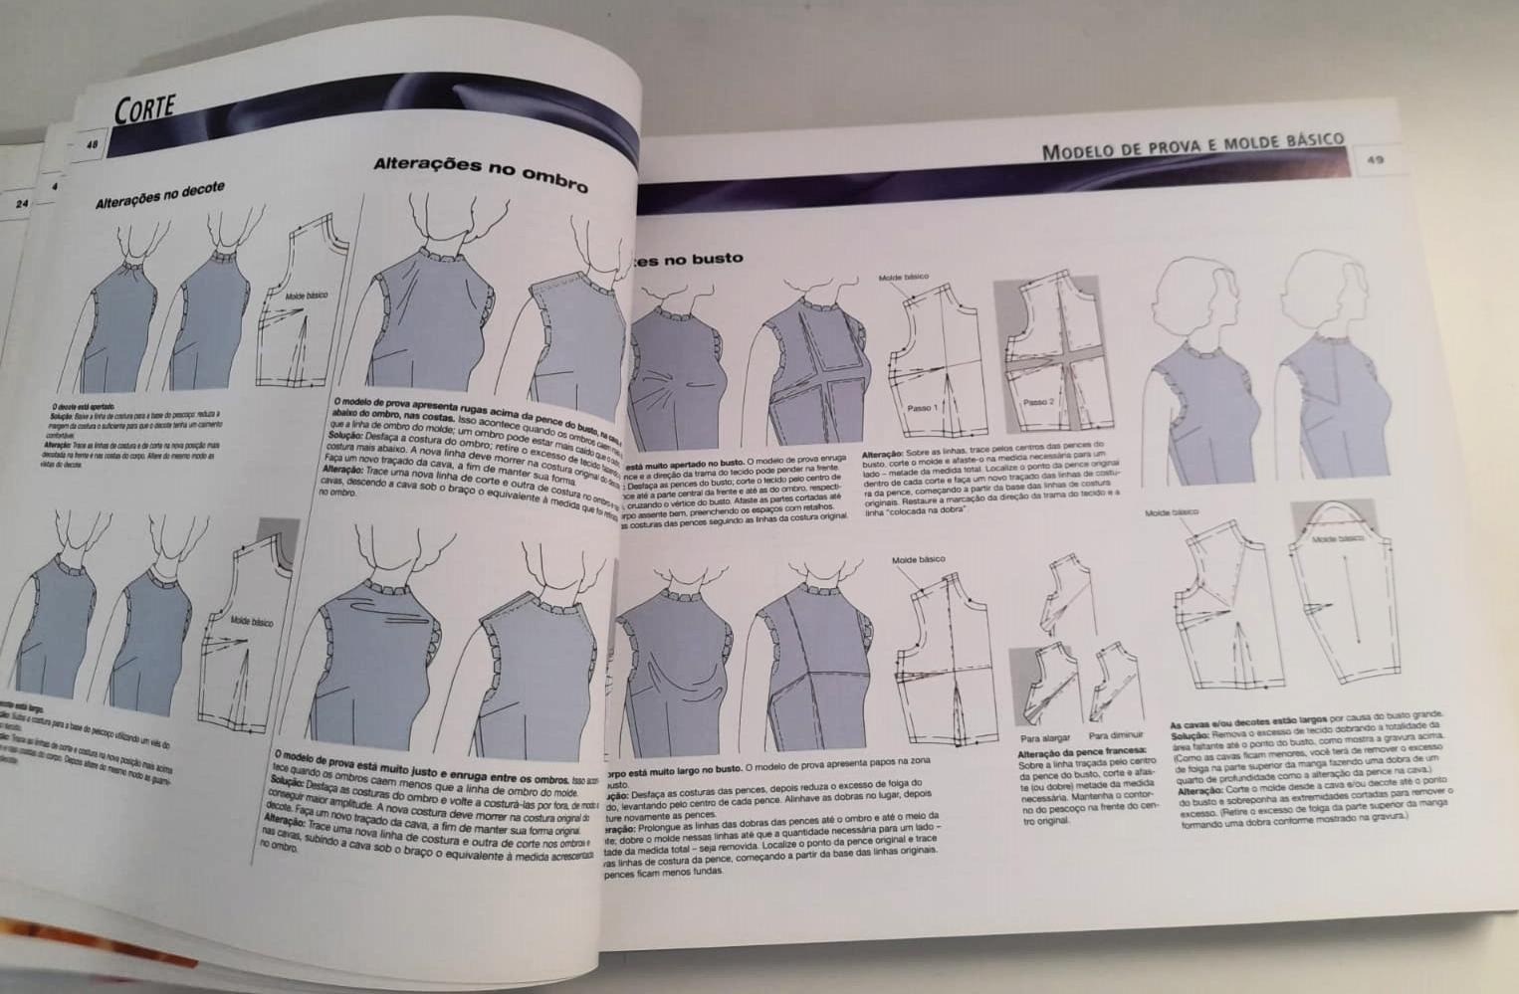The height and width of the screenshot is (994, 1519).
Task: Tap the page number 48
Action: pyautogui.click(x=92, y=146)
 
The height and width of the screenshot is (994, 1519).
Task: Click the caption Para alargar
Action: pyautogui.click(x=1045, y=738)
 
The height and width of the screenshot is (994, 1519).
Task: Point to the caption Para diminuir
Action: pyautogui.click(x=1115, y=735)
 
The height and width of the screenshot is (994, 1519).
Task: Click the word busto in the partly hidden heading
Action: pyautogui.click(x=719, y=259)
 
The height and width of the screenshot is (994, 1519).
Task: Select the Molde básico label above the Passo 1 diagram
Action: pyautogui.click(x=902, y=277)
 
